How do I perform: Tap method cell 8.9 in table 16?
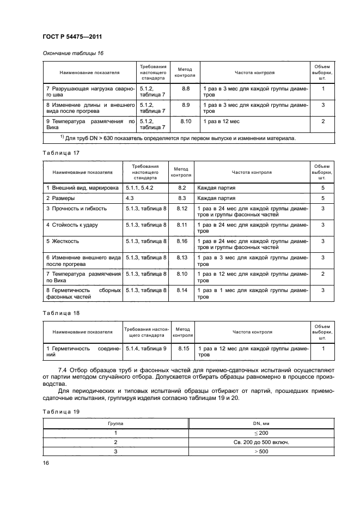[x=185, y=105]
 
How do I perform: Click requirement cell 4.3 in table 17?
[x=130, y=198]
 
